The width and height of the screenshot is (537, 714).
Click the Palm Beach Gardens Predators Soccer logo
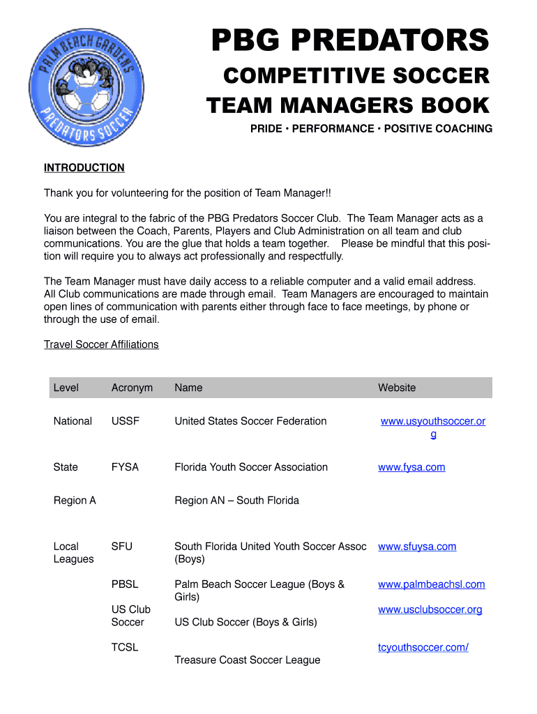click(x=86, y=89)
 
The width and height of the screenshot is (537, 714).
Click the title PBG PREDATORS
click(x=350, y=40)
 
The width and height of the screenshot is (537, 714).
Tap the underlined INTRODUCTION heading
click(x=84, y=168)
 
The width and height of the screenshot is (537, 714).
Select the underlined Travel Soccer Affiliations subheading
click(x=101, y=344)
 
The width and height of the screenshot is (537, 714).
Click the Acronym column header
click(x=132, y=388)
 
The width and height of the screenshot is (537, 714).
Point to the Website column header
click(x=397, y=388)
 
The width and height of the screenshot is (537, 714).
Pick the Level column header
click(x=66, y=388)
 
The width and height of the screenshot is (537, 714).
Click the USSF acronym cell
click(x=126, y=421)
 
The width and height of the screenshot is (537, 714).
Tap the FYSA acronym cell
click(x=126, y=467)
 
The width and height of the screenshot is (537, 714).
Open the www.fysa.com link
click(x=411, y=467)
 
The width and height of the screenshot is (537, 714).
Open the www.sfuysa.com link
click(x=417, y=547)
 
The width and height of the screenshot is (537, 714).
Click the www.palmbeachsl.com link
click(x=432, y=584)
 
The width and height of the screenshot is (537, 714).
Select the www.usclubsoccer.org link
click(x=430, y=609)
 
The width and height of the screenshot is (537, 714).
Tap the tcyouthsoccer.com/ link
click(x=423, y=647)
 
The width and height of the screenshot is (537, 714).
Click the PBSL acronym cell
click(x=125, y=584)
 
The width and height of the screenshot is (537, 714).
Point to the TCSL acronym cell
click(x=125, y=647)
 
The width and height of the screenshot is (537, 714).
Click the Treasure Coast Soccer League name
click(x=248, y=660)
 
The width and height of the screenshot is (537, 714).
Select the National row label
click(x=73, y=421)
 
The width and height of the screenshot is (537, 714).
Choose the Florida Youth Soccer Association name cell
click(x=251, y=467)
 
